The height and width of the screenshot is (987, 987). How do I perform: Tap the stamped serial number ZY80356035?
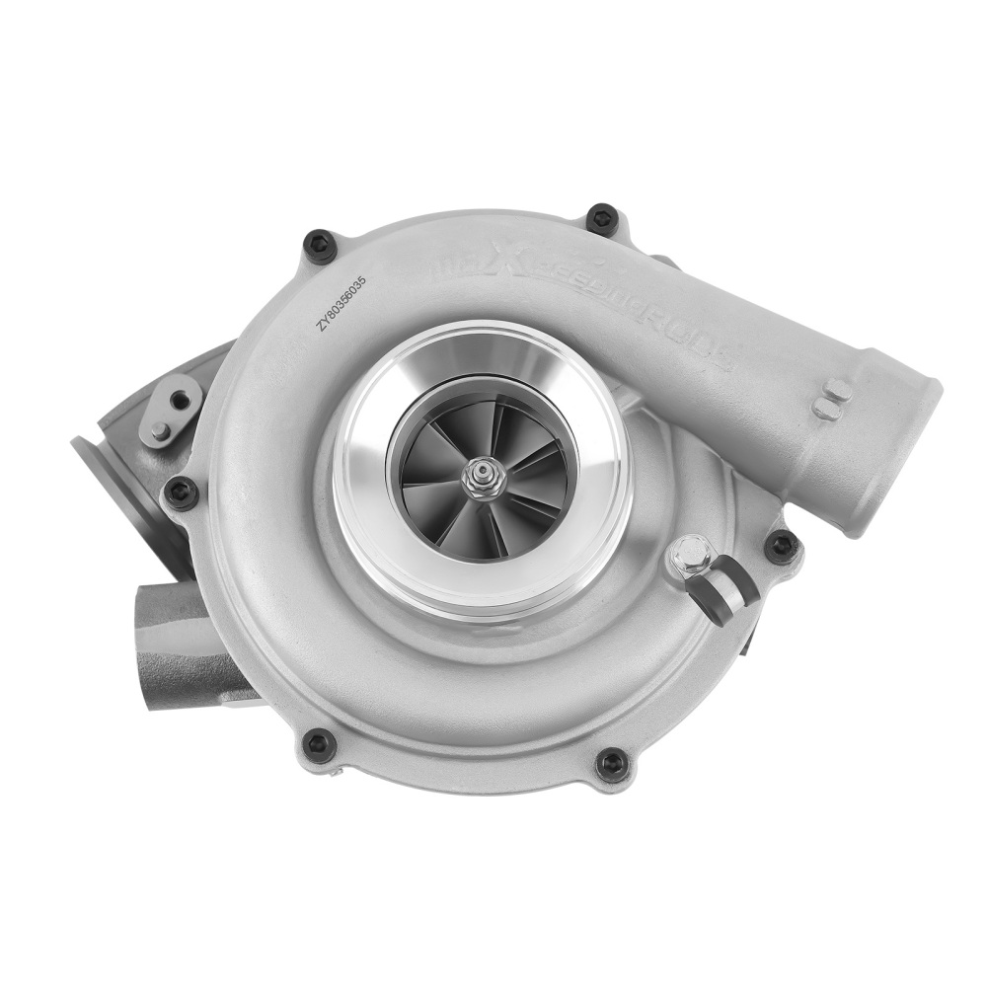point(341,307)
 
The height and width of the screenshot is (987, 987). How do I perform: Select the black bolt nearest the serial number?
point(320,245)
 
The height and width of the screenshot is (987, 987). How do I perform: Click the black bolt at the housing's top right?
point(601,219)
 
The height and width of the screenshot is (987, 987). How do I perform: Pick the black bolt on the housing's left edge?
point(182,493)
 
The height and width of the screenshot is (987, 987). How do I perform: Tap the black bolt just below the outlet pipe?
point(782,545)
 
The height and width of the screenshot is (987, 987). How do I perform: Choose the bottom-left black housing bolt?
point(318,744)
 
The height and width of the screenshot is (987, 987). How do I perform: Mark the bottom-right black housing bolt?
point(612,763)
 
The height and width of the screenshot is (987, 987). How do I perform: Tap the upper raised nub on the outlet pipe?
point(837,390)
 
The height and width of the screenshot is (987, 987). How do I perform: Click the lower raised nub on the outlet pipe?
point(824,409)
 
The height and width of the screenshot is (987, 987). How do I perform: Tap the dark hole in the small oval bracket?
point(180,399)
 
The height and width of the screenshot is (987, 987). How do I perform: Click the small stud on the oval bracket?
point(160,430)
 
